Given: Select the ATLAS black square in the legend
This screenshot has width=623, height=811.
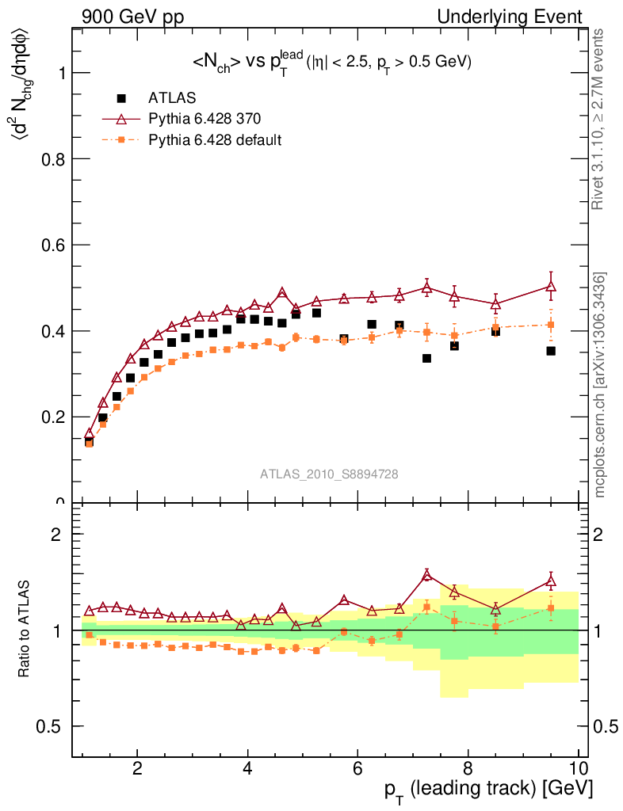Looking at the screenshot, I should point(121,98).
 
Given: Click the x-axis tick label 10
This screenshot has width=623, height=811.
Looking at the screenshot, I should point(578,768).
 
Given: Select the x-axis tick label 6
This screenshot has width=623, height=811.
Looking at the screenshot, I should point(357,768).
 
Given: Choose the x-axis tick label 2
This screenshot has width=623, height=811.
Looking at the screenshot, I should point(137,768).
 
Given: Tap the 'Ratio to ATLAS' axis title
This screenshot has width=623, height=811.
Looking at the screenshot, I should point(25,630).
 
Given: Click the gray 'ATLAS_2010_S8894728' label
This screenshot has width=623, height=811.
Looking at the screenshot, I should point(329,474).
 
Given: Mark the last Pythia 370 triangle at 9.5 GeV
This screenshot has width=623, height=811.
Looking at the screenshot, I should point(551,286).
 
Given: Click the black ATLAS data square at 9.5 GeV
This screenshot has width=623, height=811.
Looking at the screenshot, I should point(551,351).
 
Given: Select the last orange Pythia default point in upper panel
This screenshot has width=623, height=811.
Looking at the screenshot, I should point(551,325).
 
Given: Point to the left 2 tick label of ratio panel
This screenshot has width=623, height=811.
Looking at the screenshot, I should point(57,534).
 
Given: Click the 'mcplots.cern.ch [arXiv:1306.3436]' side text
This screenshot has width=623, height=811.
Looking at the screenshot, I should point(601,385).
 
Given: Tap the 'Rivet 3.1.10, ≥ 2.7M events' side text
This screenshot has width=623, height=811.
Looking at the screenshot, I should point(598,119).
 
